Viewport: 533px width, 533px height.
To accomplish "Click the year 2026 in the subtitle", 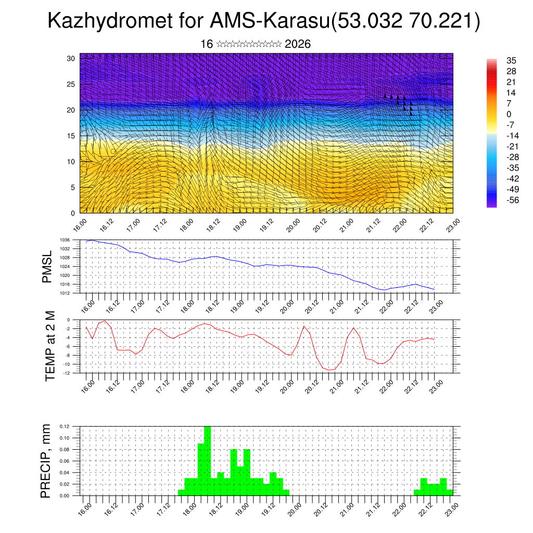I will point(298,44).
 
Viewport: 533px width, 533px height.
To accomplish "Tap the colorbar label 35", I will point(504,60).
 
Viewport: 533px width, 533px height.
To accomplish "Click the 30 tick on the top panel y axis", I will point(71,58).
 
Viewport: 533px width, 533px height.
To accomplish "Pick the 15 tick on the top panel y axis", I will point(71,136).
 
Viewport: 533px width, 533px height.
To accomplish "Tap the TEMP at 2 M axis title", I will point(50,346).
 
